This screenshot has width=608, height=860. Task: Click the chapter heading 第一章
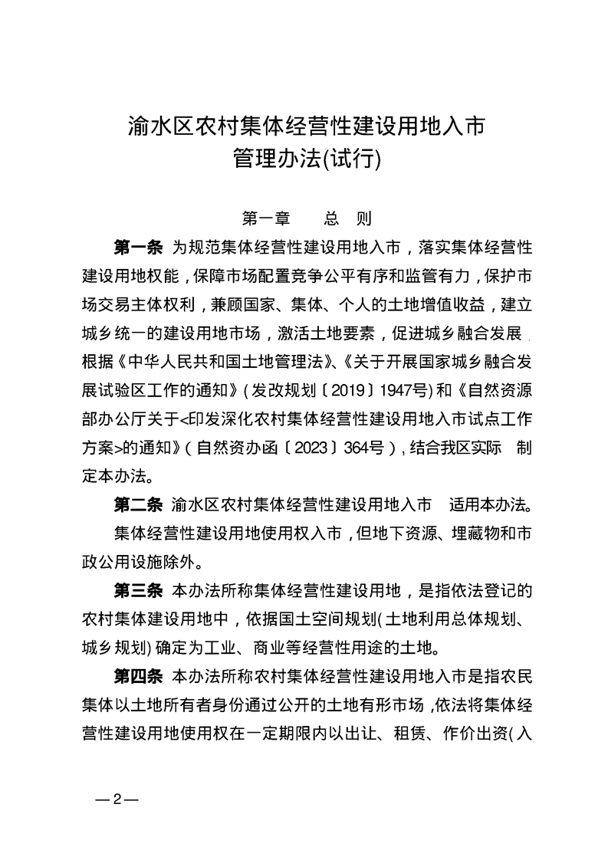(265, 218)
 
